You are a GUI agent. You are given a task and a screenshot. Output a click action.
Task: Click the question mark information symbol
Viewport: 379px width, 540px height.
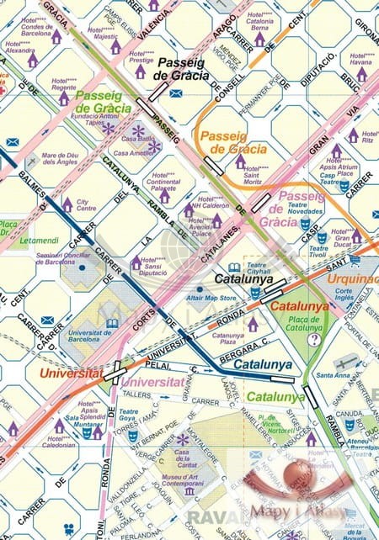(314, 339)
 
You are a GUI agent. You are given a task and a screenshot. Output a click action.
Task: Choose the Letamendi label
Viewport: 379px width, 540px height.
(40, 240)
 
